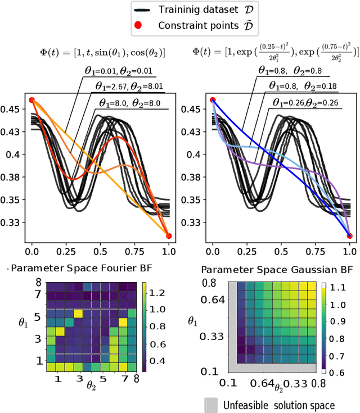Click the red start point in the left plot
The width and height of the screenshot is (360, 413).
[x=32, y=100]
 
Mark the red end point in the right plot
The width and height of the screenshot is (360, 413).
[x=349, y=236]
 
